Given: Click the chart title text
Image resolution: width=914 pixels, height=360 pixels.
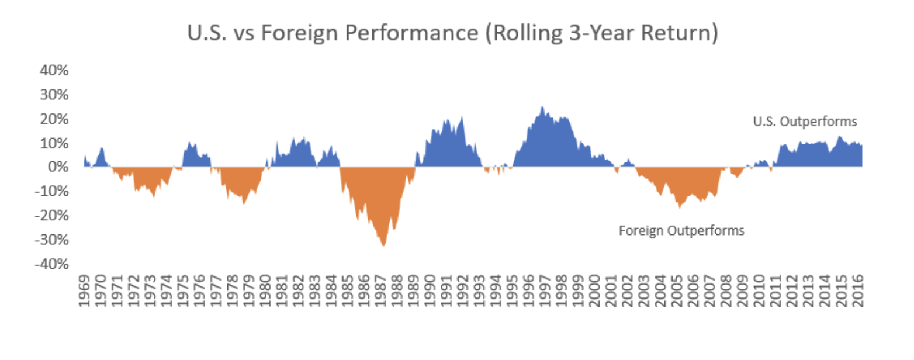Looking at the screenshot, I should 452,33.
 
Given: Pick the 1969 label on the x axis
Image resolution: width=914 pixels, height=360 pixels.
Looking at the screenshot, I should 85,290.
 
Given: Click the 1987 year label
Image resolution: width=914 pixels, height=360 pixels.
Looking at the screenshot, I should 382,290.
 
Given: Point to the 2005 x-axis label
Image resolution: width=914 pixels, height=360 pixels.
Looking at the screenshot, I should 678,290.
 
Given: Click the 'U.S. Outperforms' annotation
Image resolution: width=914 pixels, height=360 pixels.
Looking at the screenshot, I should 805,122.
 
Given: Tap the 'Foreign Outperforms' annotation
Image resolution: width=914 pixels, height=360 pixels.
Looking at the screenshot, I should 681,230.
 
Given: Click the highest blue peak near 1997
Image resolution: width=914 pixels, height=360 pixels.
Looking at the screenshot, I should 542,107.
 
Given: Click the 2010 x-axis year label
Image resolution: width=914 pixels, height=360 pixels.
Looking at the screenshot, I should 760,290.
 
